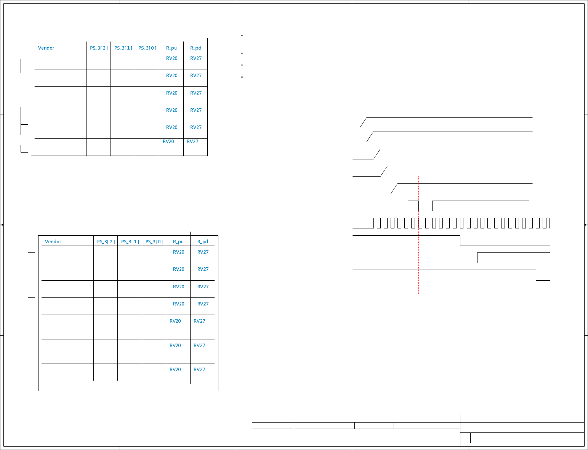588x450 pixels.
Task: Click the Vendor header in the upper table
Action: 46,48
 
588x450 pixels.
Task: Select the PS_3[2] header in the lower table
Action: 106,242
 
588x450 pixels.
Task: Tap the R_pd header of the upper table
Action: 195,48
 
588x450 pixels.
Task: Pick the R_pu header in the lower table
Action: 178,242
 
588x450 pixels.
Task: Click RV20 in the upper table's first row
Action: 171,58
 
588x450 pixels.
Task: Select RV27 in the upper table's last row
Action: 192,141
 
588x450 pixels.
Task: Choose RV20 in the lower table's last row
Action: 175,370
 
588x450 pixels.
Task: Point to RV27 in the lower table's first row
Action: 203,252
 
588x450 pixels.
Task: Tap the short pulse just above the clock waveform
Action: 413,201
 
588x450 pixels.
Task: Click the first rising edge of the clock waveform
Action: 374,223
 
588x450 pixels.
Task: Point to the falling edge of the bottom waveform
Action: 536,275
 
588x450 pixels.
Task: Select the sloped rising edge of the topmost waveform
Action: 363,123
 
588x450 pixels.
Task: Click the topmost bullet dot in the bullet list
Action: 242,35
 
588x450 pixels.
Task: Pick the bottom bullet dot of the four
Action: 242,77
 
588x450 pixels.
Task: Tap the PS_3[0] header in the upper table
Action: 147,48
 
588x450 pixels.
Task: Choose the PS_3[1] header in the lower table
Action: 130,242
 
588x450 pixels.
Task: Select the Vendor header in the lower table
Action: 53,242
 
